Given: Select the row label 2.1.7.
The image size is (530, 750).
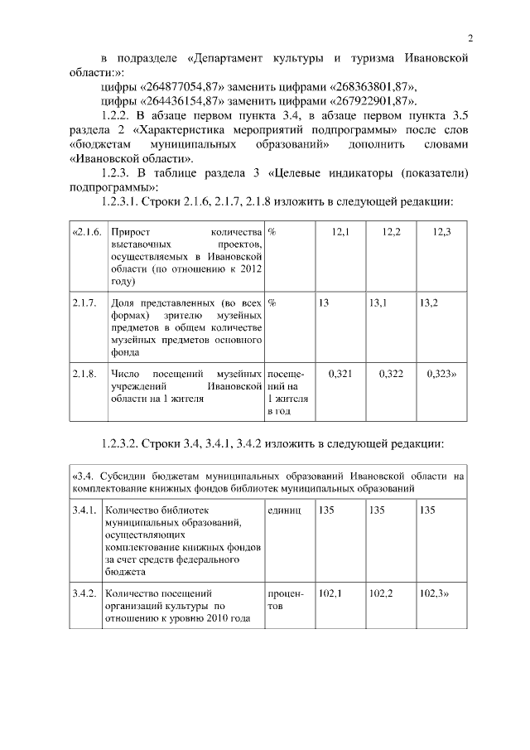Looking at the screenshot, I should (x=84, y=302).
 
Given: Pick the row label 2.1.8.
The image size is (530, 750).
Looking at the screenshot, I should (x=84, y=374).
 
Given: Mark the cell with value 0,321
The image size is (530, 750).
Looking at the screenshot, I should (x=340, y=374).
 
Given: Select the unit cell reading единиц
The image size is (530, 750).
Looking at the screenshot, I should (x=285, y=510).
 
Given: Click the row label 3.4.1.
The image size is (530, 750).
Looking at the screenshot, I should (x=84, y=510).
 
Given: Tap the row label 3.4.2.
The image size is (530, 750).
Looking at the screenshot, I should (x=84, y=593).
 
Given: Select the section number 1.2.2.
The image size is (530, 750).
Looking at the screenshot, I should (x=115, y=115).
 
